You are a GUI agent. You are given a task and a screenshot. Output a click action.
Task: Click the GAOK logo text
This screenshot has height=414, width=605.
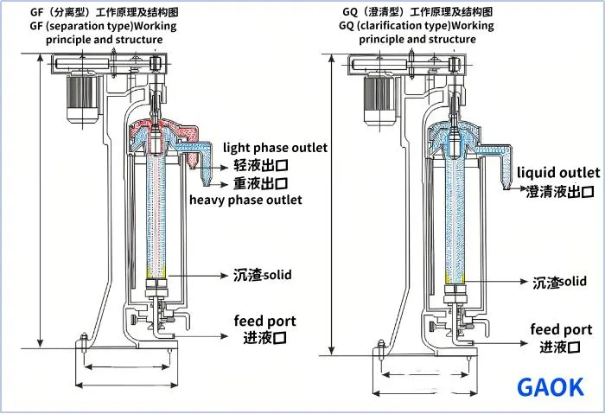click(550, 387)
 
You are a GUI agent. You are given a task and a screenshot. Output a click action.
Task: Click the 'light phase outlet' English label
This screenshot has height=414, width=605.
click(275, 148)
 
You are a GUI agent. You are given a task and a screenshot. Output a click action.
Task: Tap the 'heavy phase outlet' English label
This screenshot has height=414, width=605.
click(245, 201)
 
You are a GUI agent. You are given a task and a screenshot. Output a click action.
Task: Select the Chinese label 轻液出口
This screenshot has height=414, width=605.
click(258, 165)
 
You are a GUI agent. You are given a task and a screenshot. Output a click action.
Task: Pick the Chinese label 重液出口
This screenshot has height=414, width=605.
click(260, 183)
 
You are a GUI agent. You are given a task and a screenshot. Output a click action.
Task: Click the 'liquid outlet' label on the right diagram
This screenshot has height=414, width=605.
click(558, 174)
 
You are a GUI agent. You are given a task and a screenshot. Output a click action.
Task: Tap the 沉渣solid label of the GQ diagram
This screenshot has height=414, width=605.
click(559, 282)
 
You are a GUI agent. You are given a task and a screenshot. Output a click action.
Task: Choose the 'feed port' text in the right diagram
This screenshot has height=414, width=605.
click(561, 329)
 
